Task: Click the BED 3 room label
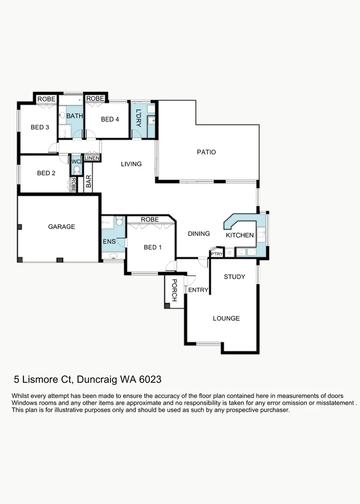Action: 40,127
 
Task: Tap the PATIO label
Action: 206,152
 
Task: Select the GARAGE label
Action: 62,227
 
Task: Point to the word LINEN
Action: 92,159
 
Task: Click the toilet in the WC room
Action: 77,170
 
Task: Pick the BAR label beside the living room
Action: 88,181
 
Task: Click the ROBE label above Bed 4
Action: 95,98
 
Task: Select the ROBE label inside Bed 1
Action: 149,219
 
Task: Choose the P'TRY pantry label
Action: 217,253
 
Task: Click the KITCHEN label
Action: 240,236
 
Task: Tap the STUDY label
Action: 234,277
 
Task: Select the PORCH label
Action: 174,290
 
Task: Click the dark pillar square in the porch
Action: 167,306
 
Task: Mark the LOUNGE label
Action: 226,318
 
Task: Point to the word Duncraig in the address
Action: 97,379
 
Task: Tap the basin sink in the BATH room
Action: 62,115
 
